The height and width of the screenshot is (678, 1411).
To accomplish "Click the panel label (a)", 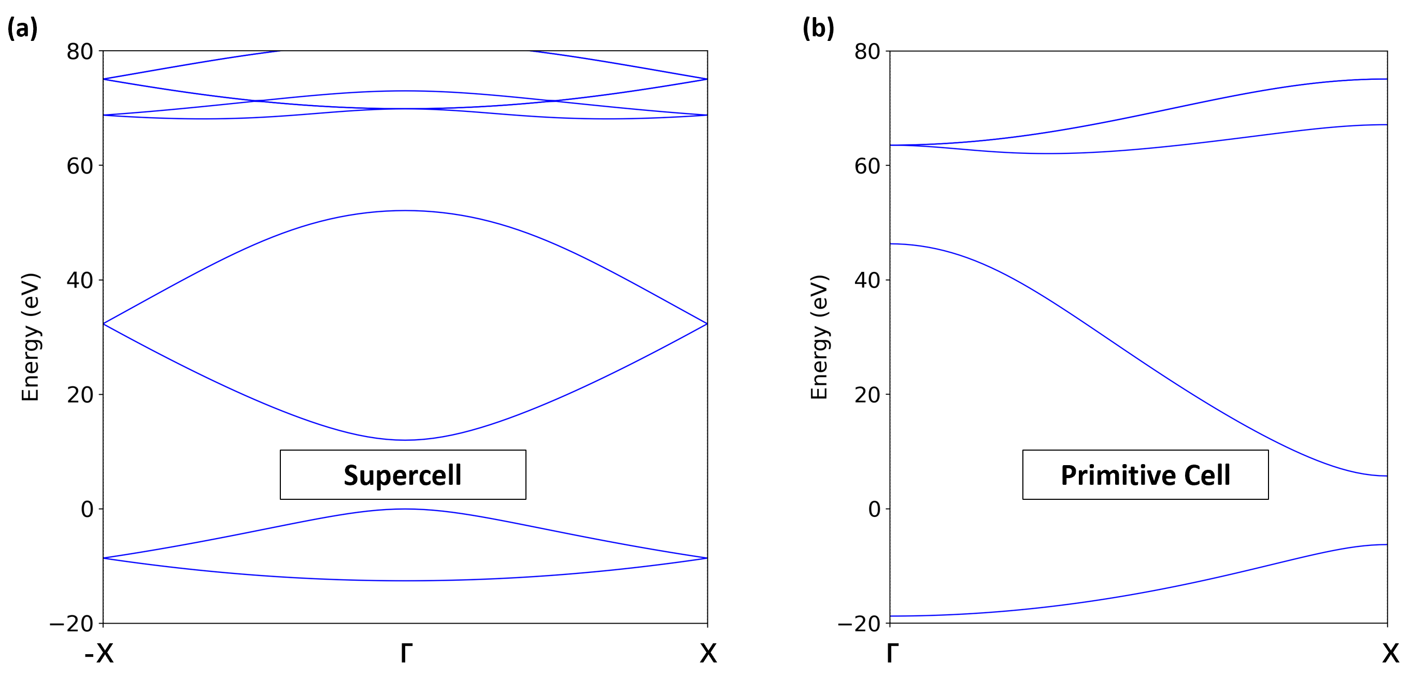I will (22, 28).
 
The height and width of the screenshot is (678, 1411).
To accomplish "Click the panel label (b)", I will (818, 28).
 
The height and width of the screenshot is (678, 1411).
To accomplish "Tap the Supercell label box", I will (403, 475).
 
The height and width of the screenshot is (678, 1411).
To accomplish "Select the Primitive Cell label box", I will (1145, 475).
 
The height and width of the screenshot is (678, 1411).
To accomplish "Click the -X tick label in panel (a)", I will (99, 653).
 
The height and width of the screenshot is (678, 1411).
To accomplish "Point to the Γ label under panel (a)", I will (406, 653).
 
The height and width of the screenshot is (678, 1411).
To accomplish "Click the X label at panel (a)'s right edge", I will (708, 653).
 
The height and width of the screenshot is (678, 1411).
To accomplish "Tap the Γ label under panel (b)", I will (892, 653).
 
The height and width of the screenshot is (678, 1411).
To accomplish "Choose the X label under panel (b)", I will (1390, 653).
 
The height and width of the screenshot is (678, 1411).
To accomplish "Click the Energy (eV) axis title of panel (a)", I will (31, 337).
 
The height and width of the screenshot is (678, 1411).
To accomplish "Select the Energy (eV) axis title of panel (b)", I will (819, 337).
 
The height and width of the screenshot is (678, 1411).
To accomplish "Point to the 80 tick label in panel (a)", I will (79, 52).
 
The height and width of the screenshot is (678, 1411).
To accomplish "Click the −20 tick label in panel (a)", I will (72, 624).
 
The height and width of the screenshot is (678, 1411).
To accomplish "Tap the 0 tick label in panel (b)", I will (874, 510).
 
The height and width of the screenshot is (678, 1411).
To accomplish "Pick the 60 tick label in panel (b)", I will (867, 166).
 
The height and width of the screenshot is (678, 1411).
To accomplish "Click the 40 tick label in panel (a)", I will (79, 280).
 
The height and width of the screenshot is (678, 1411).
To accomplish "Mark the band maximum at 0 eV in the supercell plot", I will (404, 509).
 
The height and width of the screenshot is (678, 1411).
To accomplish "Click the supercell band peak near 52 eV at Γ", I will (404, 210).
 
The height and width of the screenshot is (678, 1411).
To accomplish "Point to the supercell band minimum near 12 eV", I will (404, 440).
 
